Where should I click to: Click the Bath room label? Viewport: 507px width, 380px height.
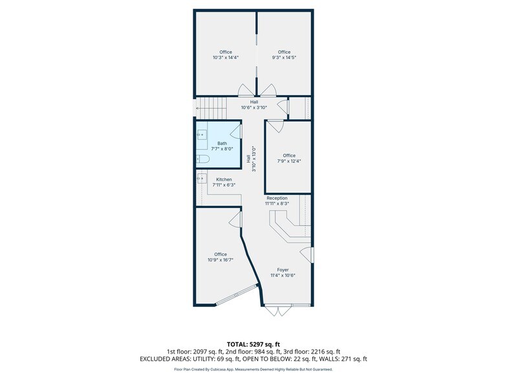click(x=222, y=143)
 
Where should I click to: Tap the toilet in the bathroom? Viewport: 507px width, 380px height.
click(x=203, y=159)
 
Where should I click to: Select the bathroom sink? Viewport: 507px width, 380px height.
click(x=202, y=134)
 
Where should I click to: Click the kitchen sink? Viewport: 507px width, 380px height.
click(x=202, y=178)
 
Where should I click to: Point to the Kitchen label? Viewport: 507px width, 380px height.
click(x=224, y=180)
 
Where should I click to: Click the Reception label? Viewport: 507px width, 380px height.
click(x=277, y=198)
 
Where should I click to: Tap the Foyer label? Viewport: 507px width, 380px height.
click(x=283, y=270)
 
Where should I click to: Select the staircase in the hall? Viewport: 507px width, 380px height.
click(x=212, y=108)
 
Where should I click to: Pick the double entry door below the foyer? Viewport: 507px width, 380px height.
click(x=278, y=310)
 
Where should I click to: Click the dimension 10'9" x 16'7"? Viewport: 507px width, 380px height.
click(x=221, y=260)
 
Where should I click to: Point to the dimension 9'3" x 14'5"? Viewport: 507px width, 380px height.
click(x=284, y=58)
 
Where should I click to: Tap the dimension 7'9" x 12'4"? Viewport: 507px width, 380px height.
click(x=289, y=161)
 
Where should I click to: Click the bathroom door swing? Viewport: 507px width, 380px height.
click(x=236, y=132)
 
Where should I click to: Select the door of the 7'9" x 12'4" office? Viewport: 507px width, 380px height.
click(x=275, y=126)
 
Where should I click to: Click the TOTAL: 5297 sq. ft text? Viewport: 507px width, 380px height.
click(x=253, y=344)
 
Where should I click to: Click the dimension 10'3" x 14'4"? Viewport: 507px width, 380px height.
click(x=225, y=58)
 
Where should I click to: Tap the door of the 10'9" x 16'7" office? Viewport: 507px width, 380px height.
click(x=235, y=220)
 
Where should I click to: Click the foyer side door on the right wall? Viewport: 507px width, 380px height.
click(x=307, y=255)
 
